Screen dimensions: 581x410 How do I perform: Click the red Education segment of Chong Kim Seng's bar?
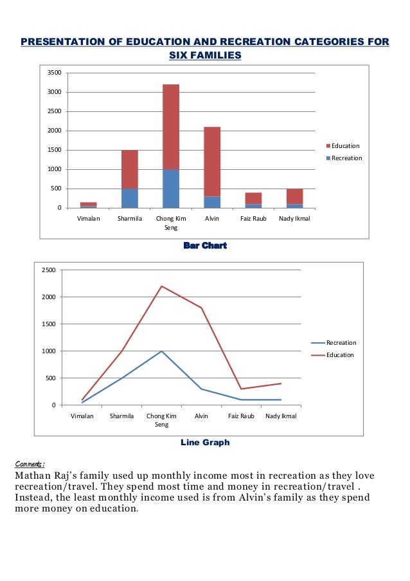click(x=170, y=127)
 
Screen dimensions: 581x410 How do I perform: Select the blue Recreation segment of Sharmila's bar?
click(x=129, y=198)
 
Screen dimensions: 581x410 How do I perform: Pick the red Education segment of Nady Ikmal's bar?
click(x=294, y=196)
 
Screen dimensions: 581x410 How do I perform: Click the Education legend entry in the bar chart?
click(x=345, y=146)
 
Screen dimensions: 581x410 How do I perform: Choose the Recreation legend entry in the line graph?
click(x=341, y=343)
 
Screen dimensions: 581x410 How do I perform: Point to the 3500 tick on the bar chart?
click(x=55, y=73)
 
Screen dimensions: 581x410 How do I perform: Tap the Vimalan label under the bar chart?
click(x=88, y=219)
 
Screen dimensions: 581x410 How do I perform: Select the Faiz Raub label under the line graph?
click(x=242, y=416)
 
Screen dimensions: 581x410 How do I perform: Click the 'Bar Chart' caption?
click(x=205, y=246)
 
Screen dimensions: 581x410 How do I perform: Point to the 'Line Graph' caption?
click(x=205, y=443)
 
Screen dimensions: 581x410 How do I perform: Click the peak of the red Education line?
click(x=161, y=286)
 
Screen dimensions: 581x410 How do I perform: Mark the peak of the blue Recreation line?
click(x=161, y=351)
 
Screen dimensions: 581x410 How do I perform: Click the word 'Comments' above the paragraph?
click(x=29, y=464)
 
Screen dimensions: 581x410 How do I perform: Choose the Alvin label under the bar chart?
click(x=212, y=219)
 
